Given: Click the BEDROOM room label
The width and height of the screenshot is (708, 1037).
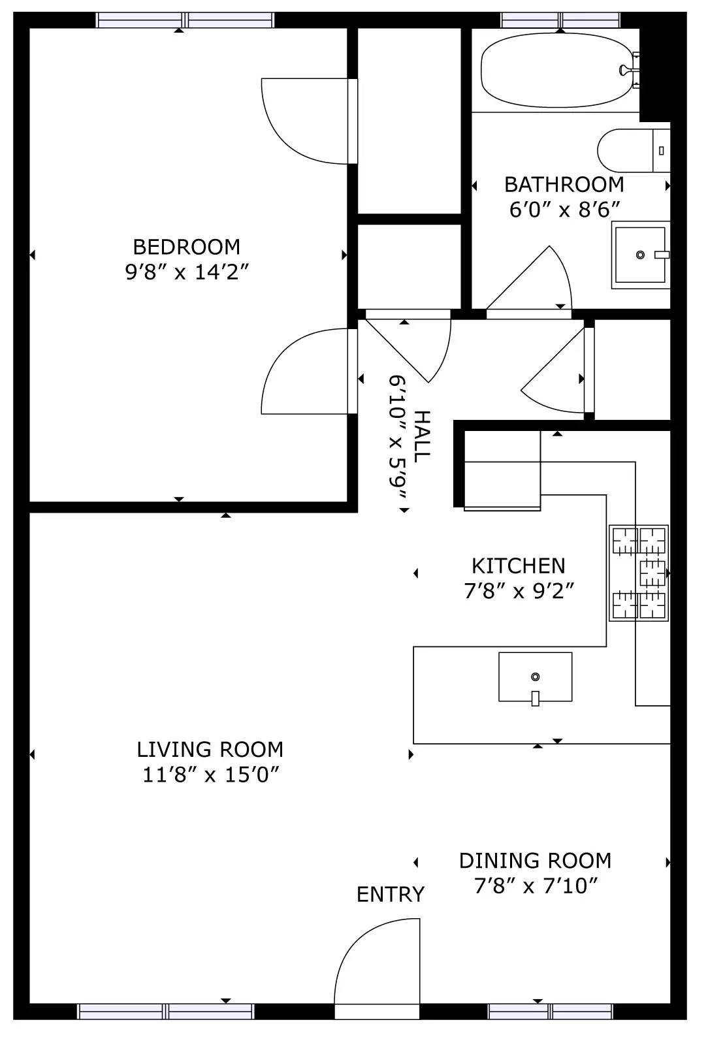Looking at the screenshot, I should tap(187, 247).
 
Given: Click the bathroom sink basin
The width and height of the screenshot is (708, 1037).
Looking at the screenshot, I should tap(640, 255).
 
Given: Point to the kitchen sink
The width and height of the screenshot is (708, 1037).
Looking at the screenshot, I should tap(535, 677).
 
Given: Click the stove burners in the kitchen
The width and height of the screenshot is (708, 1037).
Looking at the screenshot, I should tap(639, 573).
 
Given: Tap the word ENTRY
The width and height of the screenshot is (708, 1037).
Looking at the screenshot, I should tap(391, 894).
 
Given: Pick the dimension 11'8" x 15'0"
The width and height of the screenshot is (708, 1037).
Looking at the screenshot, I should tap(211, 775).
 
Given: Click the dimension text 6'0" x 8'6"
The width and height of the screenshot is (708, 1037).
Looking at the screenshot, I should tap(564, 210).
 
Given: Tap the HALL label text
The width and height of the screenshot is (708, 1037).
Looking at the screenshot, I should tap(422, 436).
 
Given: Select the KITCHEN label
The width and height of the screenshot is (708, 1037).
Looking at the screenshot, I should tap(519, 566).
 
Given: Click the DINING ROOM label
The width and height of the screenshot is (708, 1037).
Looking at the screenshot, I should tap(535, 861).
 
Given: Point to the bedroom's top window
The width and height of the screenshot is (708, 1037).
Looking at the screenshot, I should tap(185, 20).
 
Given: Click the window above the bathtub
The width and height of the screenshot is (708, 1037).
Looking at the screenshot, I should tap(562, 20).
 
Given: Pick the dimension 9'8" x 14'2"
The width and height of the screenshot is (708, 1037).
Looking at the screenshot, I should tap(187, 272).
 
